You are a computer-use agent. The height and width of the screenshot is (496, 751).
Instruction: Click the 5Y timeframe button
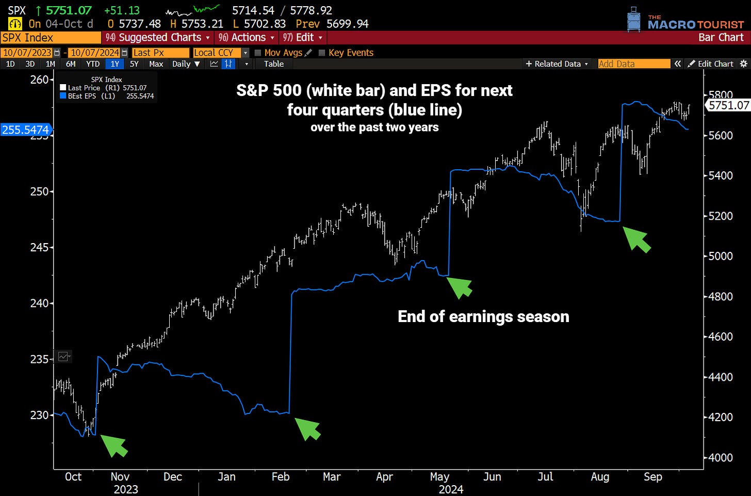tap(134, 64)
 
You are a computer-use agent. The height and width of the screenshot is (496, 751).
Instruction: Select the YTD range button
tap(93, 64)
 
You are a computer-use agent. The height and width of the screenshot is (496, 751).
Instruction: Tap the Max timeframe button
tap(156, 64)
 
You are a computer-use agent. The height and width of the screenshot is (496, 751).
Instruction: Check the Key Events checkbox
tap(322, 53)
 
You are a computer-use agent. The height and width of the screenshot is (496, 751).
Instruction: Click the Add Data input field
tap(633, 64)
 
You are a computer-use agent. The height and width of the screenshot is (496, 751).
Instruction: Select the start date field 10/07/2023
tap(27, 53)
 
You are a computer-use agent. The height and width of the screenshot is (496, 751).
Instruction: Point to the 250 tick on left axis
tap(39, 191)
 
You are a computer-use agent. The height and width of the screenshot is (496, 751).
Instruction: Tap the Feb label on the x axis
tap(281, 477)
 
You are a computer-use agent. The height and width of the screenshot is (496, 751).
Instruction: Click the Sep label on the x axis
tap(653, 477)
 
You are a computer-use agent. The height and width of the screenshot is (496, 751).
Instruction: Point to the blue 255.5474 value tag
tap(26, 130)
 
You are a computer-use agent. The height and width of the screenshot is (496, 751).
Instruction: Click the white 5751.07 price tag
tap(728, 105)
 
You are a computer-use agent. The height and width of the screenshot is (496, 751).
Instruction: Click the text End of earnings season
tap(483, 316)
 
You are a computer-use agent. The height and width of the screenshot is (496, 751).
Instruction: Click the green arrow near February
tap(308, 428)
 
